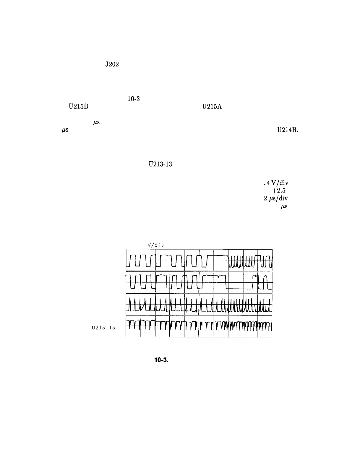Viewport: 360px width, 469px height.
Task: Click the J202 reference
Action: (112, 64)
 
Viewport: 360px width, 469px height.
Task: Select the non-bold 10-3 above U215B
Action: (133, 99)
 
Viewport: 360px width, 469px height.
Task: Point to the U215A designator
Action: (212, 107)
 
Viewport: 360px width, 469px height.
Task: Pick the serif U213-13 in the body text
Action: (160, 164)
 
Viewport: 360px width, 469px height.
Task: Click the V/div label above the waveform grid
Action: (156, 245)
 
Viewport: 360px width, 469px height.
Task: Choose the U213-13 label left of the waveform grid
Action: (103, 328)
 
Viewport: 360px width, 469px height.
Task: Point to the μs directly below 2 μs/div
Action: (284, 206)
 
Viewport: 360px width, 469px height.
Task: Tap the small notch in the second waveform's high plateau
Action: (218, 277)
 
